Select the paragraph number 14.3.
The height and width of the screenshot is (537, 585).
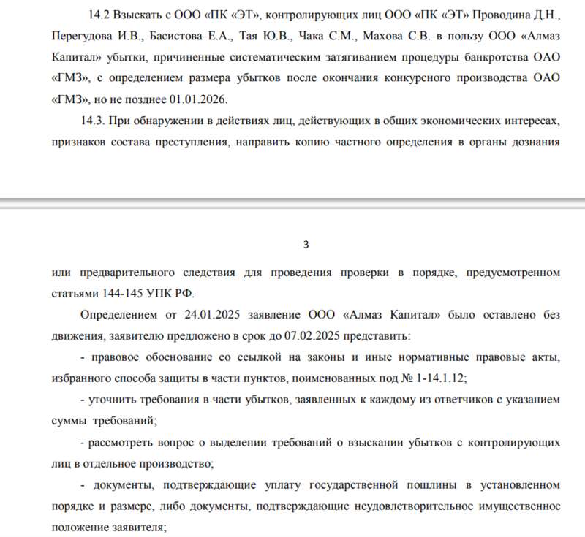tap(99, 121)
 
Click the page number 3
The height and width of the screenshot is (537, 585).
tap(306, 244)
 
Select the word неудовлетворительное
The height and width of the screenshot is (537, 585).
tap(425, 506)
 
